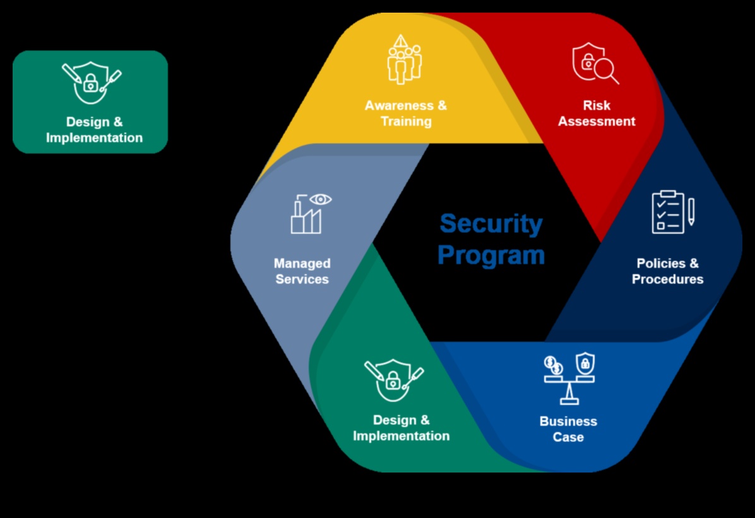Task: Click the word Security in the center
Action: (x=490, y=224)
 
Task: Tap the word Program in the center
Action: (x=490, y=255)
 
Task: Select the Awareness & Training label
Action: (x=405, y=113)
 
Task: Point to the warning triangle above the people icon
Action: (x=400, y=42)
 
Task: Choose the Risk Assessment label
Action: (x=597, y=113)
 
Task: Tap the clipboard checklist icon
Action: (x=668, y=212)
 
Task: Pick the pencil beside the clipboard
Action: (x=691, y=212)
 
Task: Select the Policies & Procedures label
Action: (x=667, y=271)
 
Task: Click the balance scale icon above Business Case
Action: (x=569, y=379)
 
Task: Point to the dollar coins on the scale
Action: (x=554, y=365)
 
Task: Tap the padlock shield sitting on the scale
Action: (x=585, y=363)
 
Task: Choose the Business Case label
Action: (x=568, y=429)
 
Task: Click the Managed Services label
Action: (x=302, y=271)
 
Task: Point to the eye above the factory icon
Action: (x=321, y=200)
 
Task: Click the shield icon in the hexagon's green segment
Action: (x=393, y=380)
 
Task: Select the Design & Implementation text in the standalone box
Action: (x=94, y=129)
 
